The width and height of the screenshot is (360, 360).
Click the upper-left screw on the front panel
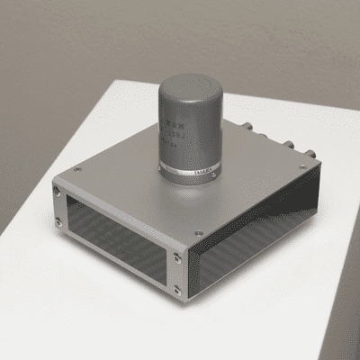[58, 192]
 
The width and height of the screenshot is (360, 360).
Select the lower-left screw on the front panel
[60, 221]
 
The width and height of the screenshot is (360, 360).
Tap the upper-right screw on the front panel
[177, 258]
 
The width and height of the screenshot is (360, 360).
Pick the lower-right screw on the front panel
[177, 290]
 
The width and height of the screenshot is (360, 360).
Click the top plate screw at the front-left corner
[78, 169]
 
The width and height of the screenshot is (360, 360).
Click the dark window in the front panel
[117, 239]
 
